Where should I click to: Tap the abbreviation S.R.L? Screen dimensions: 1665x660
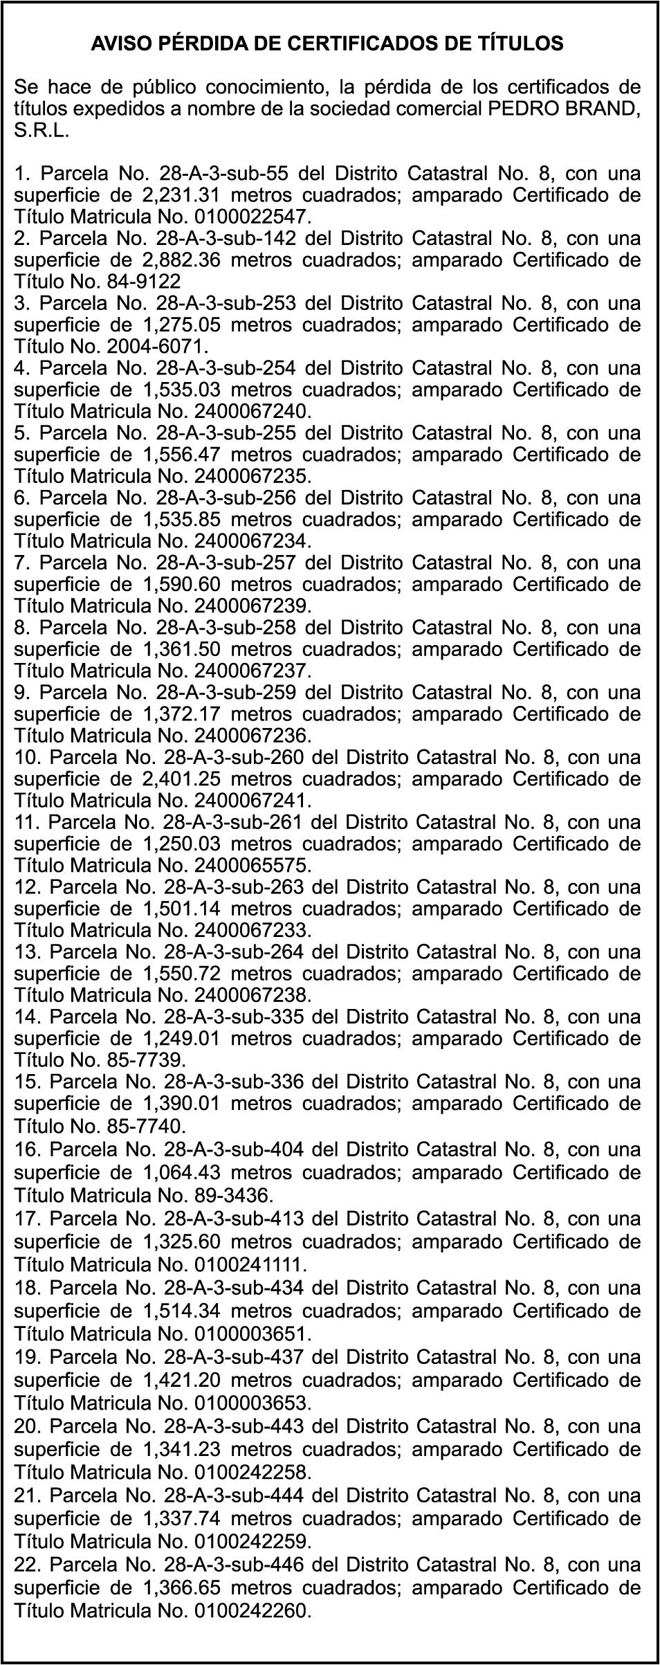point(42,131)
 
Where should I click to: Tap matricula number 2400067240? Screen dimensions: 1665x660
point(250,411)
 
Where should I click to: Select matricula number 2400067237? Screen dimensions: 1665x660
point(250,671)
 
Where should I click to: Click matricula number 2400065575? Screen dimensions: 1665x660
point(250,866)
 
